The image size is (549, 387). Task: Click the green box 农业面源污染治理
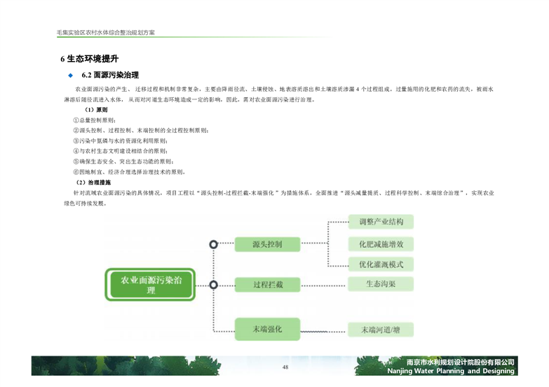pos(150,285)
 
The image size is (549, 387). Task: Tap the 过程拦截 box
pos(267,285)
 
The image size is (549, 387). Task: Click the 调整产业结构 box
pos(381,223)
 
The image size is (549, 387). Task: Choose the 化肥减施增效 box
pos(381,244)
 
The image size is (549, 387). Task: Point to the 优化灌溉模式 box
pos(381,265)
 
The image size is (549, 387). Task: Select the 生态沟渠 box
pos(381,285)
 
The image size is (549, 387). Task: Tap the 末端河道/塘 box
pos(381,329)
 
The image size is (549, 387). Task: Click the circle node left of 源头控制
pos(214,244)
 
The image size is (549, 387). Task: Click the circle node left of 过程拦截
pos(214,285)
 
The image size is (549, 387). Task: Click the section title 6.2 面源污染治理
pos(110,75)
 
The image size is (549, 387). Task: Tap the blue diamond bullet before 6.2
pos(70,75)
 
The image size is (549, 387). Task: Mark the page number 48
pos(285,368)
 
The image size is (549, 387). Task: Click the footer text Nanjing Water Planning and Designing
pos(451,372)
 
